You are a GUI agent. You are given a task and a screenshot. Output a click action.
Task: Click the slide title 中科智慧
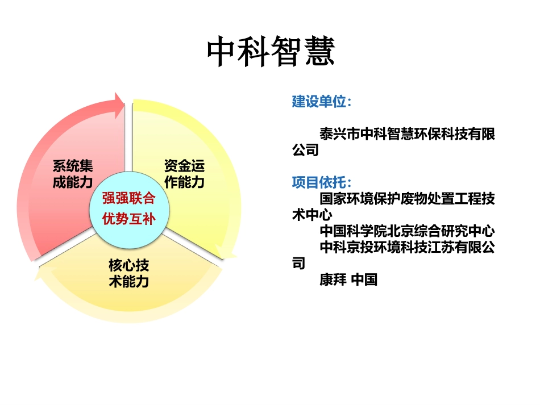(271, 53)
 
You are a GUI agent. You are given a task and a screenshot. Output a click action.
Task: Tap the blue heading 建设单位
(321, 102)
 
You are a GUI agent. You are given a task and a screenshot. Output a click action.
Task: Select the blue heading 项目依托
(321, 183)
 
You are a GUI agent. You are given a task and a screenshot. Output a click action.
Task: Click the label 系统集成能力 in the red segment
(72, 174)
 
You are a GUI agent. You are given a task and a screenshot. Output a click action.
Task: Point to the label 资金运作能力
(184, 174)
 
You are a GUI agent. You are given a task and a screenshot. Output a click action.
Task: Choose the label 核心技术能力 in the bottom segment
(129, 273)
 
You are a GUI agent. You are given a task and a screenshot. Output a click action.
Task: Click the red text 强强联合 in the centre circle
(128, 199)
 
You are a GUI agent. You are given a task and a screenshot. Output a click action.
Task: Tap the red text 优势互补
(128, 219)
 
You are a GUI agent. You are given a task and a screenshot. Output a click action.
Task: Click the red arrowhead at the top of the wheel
(118, 105)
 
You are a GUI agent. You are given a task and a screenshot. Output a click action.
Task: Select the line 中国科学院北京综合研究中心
(407, 232)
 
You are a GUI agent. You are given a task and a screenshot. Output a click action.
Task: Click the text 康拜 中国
(348, 280)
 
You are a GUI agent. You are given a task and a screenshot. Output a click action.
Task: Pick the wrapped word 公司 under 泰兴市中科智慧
(305, 151)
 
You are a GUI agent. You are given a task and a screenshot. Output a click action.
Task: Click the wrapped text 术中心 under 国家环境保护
(312, 215)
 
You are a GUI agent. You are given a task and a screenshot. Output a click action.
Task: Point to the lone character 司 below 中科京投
(298, 264)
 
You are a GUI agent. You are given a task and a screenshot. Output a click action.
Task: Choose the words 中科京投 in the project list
(347, 248)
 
